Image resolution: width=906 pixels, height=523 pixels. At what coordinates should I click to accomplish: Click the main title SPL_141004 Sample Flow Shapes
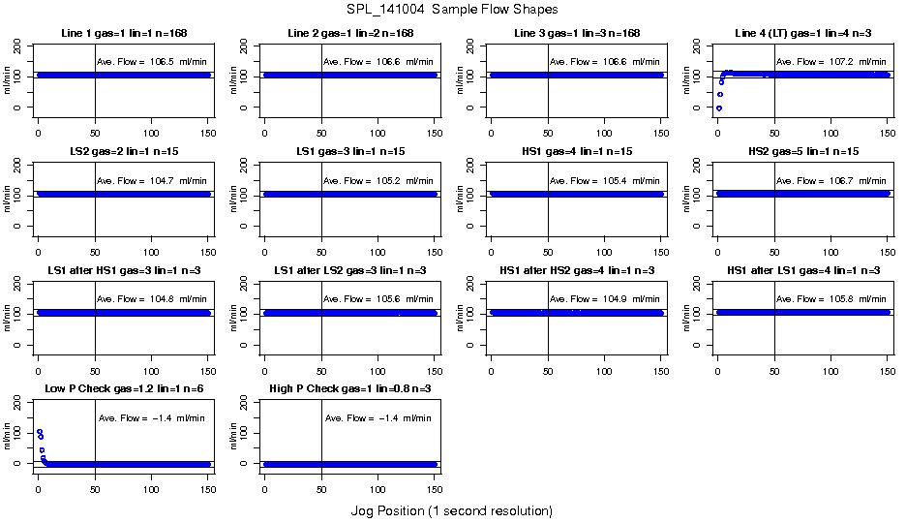[452, 10]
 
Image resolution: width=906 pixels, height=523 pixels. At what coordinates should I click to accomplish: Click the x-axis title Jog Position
[451, 510]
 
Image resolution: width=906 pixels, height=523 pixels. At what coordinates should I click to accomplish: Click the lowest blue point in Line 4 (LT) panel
[718, 108]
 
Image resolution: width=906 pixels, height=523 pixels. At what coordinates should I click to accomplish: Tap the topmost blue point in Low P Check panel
[40, 432]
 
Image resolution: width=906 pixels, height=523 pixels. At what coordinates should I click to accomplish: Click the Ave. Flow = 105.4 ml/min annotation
[605, 181]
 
